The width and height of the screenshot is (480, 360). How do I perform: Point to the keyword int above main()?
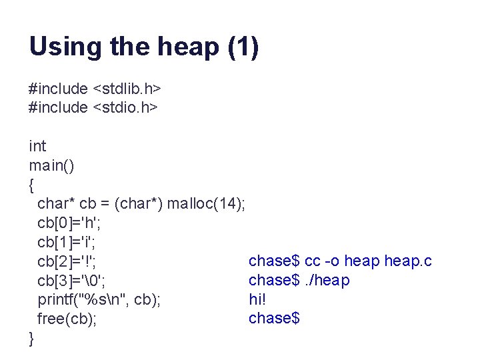[x=37, y=146]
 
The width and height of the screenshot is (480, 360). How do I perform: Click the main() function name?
[x=51, y=165]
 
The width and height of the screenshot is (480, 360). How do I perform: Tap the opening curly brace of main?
[x=32, y=184]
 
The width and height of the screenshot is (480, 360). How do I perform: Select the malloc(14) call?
[x=205, y=204]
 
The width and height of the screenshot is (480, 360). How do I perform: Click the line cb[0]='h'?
[x=69, y=223]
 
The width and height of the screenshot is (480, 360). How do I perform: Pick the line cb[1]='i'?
[x=67, y=242]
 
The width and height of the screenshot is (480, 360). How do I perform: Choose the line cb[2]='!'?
[x=67, y=261]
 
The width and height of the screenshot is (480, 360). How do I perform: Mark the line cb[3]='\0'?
[x=71, y=280]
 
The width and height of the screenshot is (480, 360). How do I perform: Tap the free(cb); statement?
[x=67, y=319]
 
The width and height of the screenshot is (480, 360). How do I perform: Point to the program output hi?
[x=257, y=299]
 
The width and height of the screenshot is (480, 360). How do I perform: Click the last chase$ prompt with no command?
[x=274, y=319]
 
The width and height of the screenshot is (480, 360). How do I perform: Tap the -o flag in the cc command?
[x=332, y=261]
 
